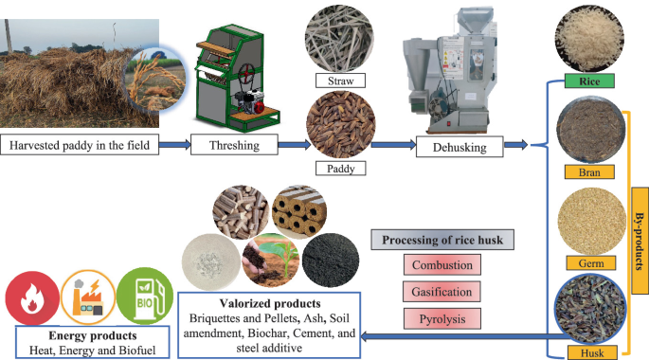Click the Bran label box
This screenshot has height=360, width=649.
tap(584, 172)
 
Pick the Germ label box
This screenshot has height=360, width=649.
tap(584, 262)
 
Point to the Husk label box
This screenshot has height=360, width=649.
tap(584, 352)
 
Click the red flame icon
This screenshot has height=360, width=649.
tap(31, 296)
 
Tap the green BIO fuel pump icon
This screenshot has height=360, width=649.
tap(145, 296)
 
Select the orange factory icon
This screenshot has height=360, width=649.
tap(88, 296)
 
